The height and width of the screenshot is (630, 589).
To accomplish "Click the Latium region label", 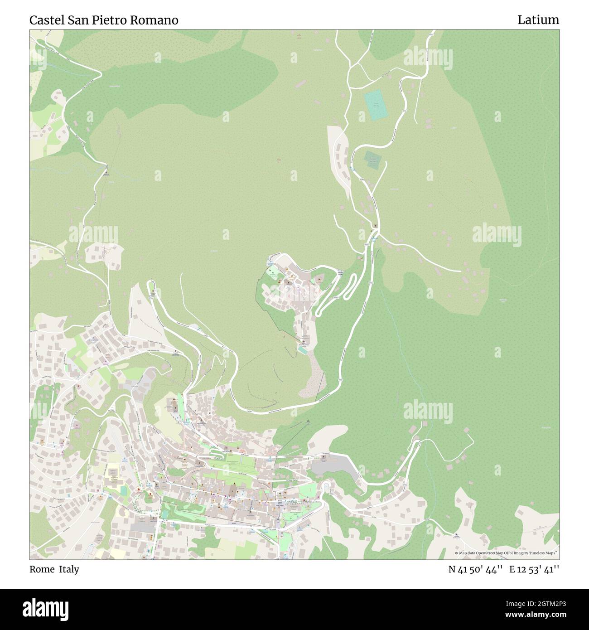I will pyautogui.click(x=538, y=20).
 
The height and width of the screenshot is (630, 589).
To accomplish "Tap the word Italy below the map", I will pyautogui.click(x=70, y=570).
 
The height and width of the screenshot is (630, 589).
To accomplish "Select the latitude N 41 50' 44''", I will pyautogui.click(x=476, y=570).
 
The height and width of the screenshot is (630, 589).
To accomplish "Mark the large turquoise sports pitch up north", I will pyautogui.click(x=375, y=105).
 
